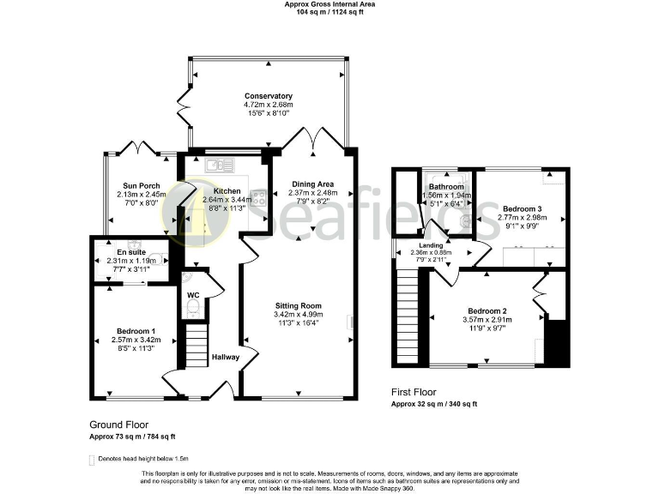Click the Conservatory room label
coord(268,96)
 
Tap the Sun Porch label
coord(142,185)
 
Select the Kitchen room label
coord(227,190)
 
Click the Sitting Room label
coord(298,305)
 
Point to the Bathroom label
coord(446,187)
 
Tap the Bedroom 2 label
coord(487,310)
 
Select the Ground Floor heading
coord(119,425)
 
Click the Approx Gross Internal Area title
coord(329,4)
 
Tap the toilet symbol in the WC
coord(193,308)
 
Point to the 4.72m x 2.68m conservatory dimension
coord(268,105)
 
